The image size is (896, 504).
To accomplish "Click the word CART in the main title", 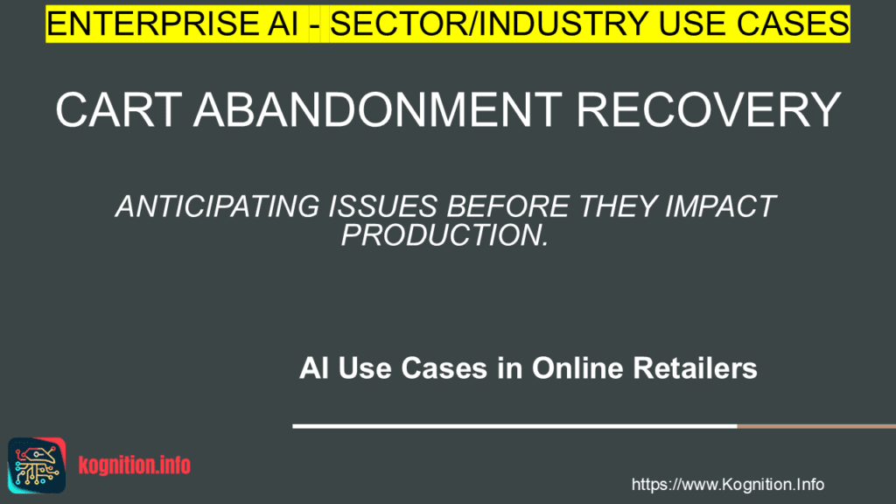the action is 119,109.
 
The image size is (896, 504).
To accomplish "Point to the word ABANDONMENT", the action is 378,109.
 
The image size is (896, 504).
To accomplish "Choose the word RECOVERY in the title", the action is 708,109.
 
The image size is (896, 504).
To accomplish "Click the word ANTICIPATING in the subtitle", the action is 217,206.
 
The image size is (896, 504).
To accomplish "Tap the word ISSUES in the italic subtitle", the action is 383,206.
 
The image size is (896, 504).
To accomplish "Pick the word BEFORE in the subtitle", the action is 507,206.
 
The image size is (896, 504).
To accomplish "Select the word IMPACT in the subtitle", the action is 720,206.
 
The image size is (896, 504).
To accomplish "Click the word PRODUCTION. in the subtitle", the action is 445,234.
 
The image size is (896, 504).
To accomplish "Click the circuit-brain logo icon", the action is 37,465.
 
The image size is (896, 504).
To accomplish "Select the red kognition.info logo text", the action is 134,465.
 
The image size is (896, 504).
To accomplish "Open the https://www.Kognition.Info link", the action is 727,485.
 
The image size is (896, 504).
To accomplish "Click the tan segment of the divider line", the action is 816,426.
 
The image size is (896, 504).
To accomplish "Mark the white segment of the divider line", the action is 514,426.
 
